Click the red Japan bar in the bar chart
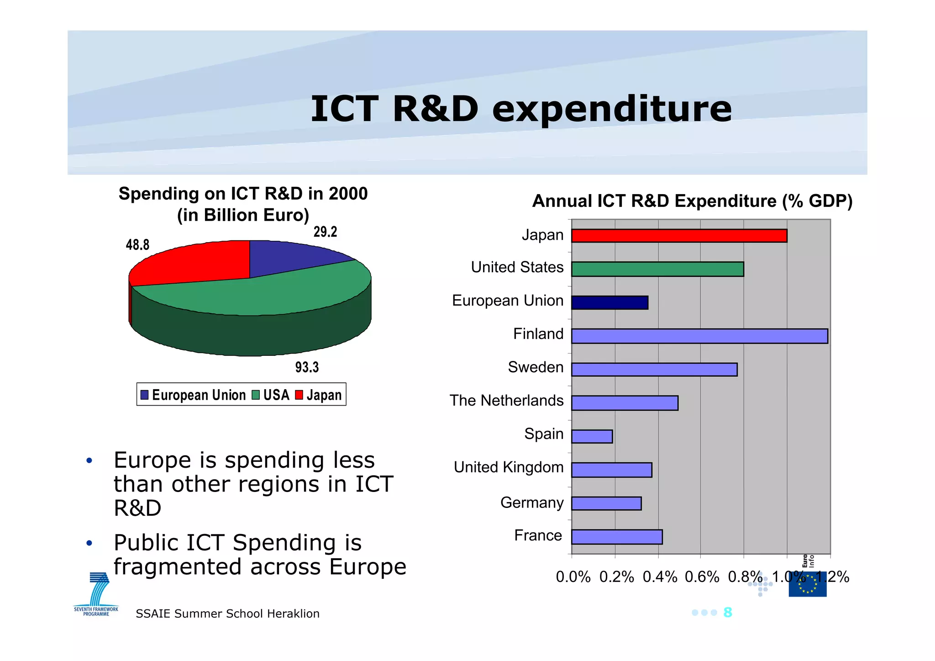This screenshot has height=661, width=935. tap(679, 236)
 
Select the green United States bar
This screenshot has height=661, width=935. tap(657, 269)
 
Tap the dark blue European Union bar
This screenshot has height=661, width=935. tap(609, 302)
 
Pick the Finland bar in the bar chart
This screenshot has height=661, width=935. tap(699, 336)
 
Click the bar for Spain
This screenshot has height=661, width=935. tap(592, 436)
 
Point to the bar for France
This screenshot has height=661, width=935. tap(617, 537)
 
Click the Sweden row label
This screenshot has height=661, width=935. tap(536, 367)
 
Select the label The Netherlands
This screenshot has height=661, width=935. tap(506, 401)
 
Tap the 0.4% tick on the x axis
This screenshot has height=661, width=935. tap(660, 577)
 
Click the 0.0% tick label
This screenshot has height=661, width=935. tap(573, 577)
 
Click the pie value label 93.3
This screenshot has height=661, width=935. tap(307, 367)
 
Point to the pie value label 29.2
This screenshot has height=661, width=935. tap(325, 232)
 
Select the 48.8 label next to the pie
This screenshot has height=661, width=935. tap(137, 245)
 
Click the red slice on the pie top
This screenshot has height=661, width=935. tap(192, 264)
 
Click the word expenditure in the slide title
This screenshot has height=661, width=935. tap(612, 109)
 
